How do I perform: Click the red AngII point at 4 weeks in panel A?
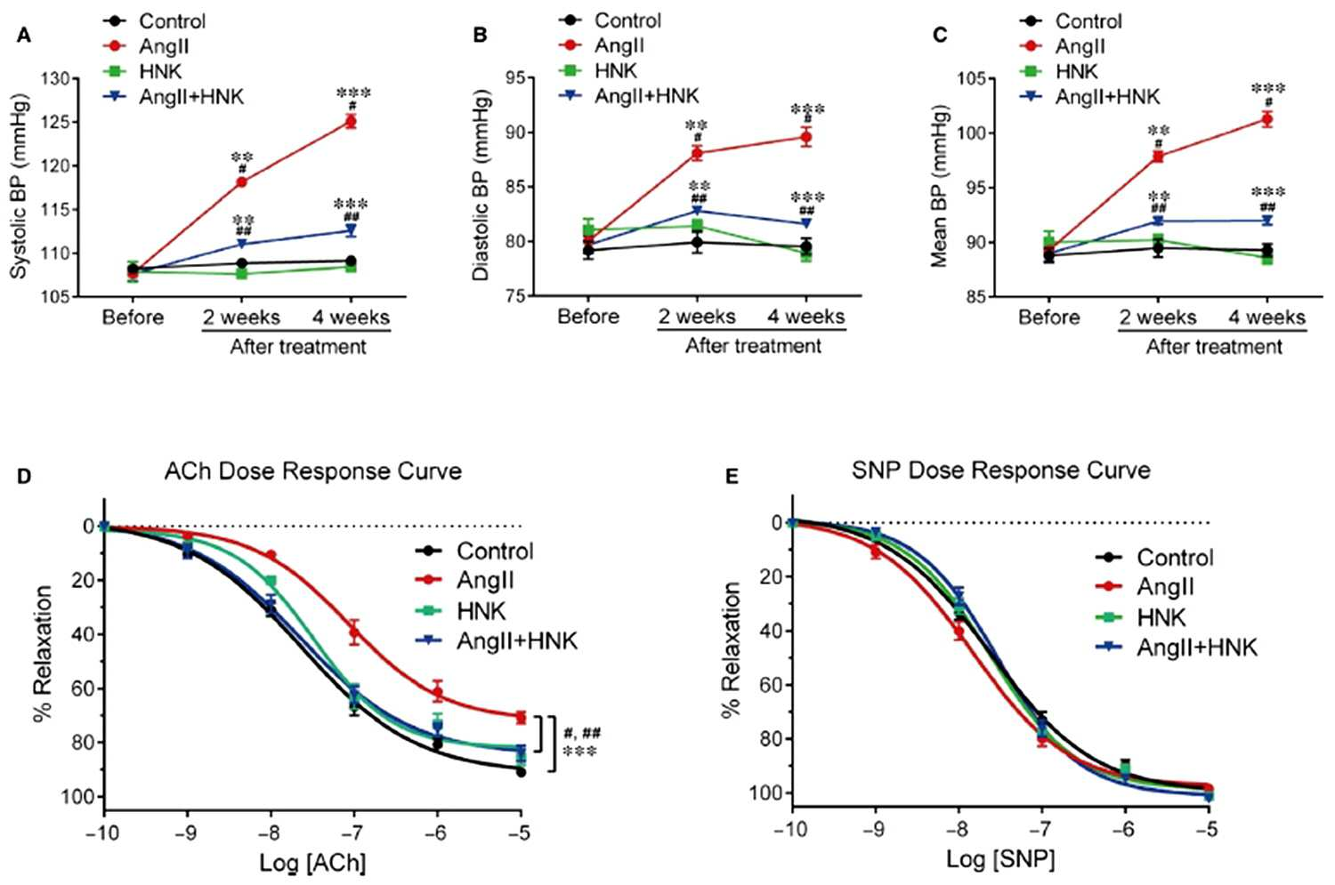351,122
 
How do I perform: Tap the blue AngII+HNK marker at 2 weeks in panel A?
242,244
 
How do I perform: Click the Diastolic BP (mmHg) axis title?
480,185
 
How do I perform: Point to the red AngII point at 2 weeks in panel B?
697,153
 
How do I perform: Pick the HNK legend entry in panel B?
600,71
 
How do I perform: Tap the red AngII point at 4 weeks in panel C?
1267,120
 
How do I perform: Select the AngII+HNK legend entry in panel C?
1090,96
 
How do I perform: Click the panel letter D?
23,477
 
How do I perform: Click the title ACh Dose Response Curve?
313,471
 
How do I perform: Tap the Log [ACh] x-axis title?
313,863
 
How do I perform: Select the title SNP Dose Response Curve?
1000,471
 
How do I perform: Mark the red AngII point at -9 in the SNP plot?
876,551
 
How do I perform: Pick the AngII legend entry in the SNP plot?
1145,587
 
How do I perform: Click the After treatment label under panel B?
753,346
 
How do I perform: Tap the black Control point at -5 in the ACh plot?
521,772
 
